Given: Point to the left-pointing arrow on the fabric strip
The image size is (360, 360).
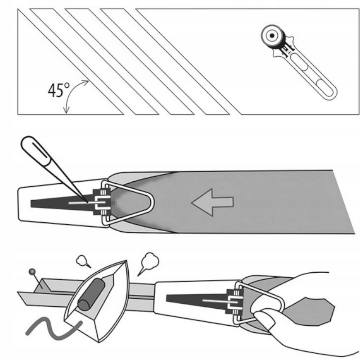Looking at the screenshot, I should pyautogui.click(x=212, y=202).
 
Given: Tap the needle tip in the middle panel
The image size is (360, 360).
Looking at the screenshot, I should pyautogui.click(x=87, y=200).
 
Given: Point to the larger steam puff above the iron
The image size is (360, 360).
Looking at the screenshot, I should pyautogui.click(x=149, y=260).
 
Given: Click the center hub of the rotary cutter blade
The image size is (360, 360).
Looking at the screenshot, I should pyautogui.click(x=273, y=35).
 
